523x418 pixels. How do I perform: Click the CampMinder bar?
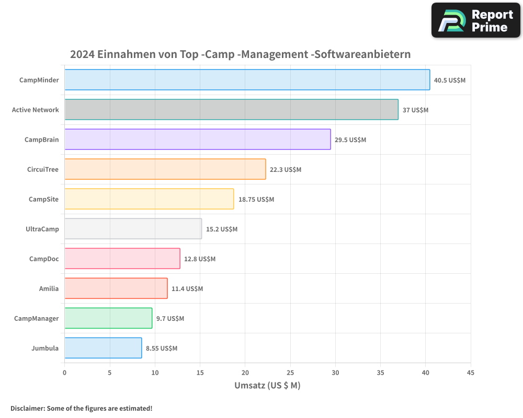247,80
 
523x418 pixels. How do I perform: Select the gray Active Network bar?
231,110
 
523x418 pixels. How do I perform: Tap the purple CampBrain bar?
197,140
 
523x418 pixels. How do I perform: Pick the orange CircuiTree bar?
165,169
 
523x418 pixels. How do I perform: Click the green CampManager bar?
108,318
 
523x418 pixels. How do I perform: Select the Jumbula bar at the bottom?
103,348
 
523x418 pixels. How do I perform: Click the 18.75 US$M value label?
256,200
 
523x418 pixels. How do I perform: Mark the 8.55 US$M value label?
161,349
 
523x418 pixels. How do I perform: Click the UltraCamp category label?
42,229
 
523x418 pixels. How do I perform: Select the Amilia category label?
49,288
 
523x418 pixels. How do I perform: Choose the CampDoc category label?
44,259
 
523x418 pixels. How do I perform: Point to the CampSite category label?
43,199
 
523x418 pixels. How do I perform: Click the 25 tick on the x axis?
290,373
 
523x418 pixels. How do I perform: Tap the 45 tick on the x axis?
471,373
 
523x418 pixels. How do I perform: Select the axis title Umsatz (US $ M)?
267,386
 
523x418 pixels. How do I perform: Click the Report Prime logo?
475,20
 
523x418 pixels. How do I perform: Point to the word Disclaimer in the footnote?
27,408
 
